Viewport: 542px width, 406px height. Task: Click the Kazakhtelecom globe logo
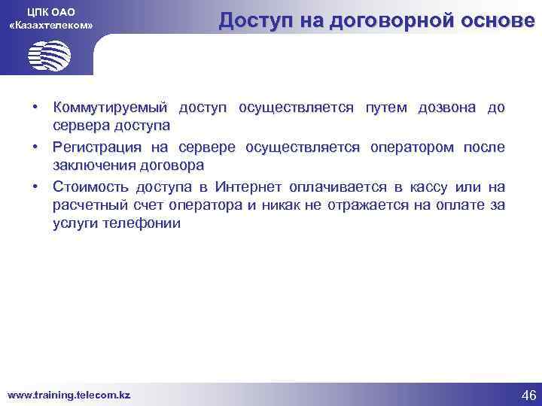[49, 55]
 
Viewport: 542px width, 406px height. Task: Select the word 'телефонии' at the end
[142, 223]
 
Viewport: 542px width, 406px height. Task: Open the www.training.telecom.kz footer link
[69, 394]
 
